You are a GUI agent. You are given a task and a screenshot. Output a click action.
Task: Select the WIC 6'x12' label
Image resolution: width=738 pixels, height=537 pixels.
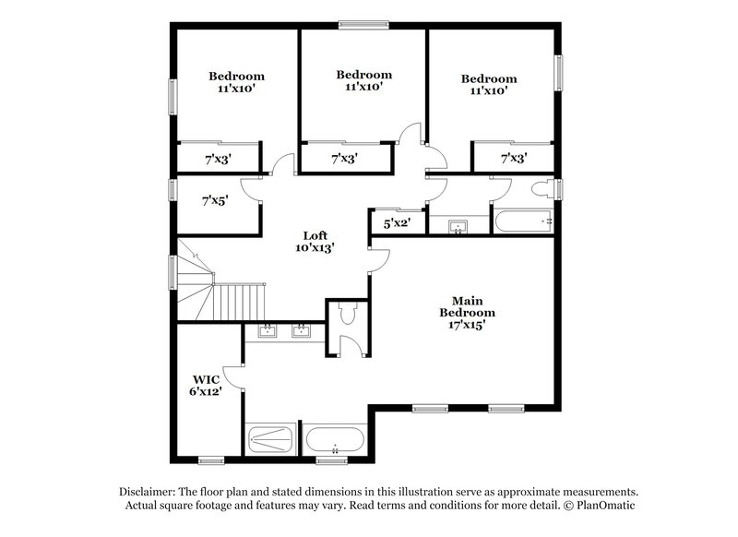(x=206, y=385)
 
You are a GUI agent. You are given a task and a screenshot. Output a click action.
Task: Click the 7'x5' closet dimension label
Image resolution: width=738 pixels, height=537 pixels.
(x=215, y=198)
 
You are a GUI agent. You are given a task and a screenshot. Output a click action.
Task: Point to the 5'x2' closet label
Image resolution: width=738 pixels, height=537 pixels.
(x=385, y=222)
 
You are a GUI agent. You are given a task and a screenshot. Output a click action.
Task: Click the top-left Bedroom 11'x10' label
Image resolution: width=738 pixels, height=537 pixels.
(x=236, y=83)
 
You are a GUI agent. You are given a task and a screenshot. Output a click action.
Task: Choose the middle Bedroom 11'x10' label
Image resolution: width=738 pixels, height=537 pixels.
(x=363, y=80)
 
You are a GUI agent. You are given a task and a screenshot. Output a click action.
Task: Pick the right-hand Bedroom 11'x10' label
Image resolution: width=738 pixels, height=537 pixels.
(x=489, y=85)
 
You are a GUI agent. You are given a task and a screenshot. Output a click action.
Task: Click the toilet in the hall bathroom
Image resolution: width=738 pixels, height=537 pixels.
(x=541, y=189)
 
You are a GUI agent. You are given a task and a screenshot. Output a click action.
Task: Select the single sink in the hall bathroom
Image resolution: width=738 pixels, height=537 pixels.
(x=458, y=226)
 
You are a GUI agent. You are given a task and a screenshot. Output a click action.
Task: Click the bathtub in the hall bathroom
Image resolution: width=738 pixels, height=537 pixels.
(x=521, y=221)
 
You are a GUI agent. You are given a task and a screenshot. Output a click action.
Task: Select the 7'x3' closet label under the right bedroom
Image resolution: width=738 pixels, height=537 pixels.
(x=512, y=159)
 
